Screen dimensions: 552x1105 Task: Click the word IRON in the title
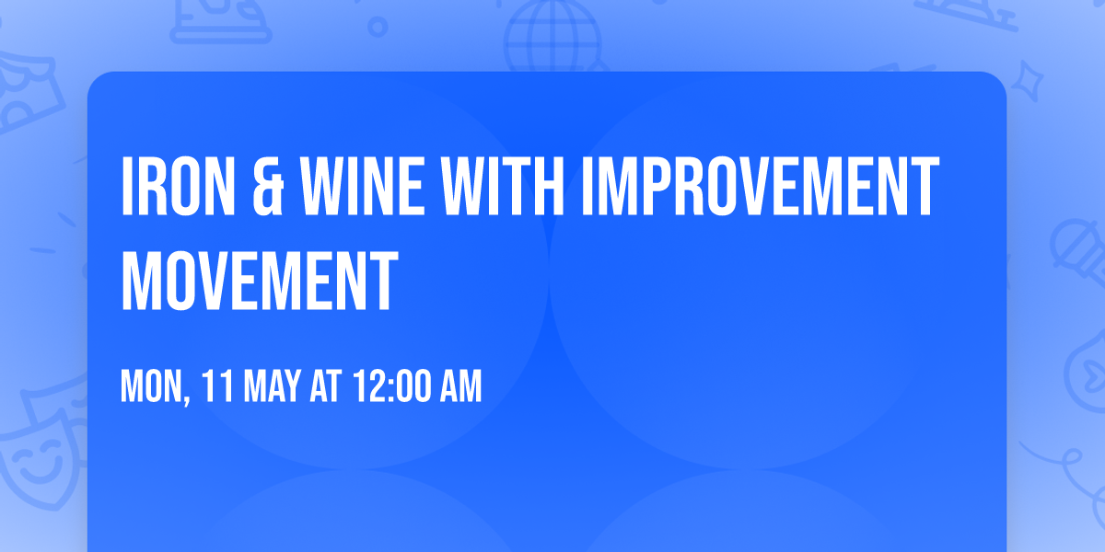pyautogui.click(x=175, y=188)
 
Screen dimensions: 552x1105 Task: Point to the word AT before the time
pyautogui.click(x=324, y=387)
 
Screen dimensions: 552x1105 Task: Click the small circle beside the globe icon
pyautogui.click(x=378, y=26)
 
